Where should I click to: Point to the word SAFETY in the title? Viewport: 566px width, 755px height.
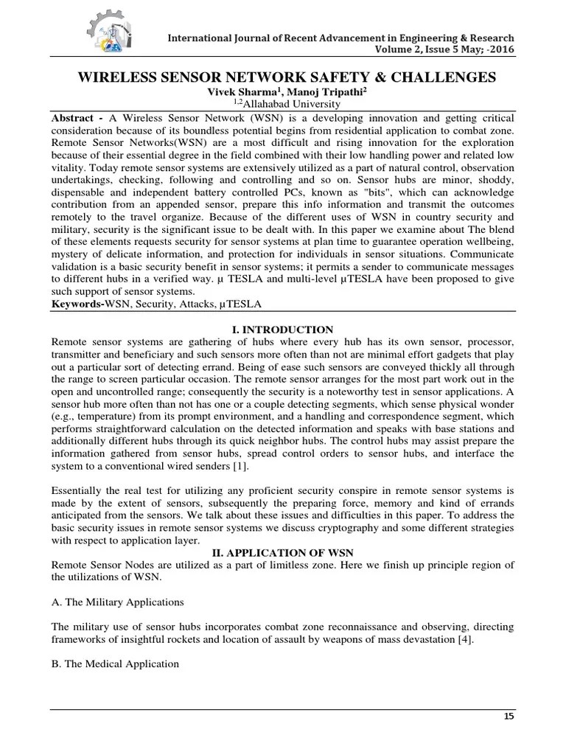[x=322, y=77]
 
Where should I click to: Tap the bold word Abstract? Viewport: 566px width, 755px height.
[x=74, y=119]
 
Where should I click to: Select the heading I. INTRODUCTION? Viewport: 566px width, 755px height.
[x=283, y=330]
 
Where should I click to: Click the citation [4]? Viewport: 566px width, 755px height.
[x=463, y=640]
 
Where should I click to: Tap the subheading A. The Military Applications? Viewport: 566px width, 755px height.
[x=117, y=602]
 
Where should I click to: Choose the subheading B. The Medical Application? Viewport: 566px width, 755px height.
[x=115, y=664]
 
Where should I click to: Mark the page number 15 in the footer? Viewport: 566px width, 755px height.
[x=508, y=717]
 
